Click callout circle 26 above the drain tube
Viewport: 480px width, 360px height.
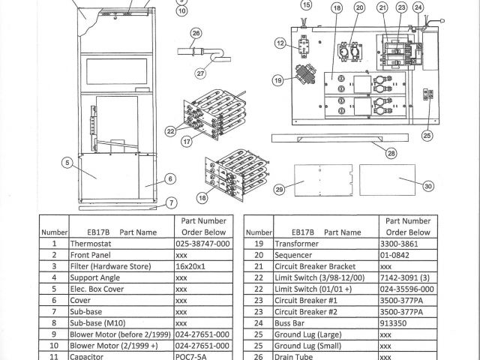196,33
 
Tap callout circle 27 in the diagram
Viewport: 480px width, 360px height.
200,73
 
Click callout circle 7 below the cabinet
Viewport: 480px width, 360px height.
171,203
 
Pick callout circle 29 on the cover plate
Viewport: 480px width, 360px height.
280,191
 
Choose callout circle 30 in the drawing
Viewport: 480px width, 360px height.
428,186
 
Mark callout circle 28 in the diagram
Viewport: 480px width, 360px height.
391,154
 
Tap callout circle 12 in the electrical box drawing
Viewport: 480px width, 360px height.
279,44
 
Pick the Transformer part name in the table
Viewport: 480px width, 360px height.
297,244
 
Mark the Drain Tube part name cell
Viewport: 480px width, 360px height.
294,356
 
